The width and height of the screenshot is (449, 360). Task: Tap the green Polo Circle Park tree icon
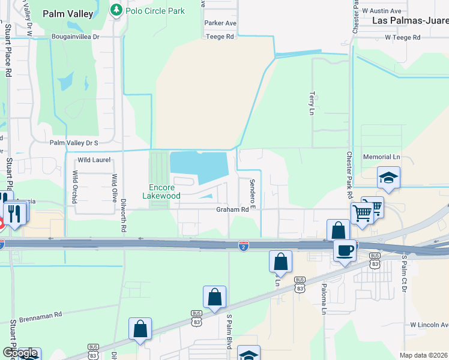point(116,10)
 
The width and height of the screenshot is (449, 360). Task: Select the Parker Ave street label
point(220,23)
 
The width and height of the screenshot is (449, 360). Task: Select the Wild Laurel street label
point(94,160)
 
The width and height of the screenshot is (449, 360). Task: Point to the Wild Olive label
point(114,188)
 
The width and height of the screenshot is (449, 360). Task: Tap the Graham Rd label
point(232,209)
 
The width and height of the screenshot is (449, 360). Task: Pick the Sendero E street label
point(253,194)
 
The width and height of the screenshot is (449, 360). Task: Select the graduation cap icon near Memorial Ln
point(388,178)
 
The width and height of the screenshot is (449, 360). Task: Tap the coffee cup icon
point(345,250)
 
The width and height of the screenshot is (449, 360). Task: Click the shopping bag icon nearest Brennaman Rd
point(140,329)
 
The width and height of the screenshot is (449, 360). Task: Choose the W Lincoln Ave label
point(429,325)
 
